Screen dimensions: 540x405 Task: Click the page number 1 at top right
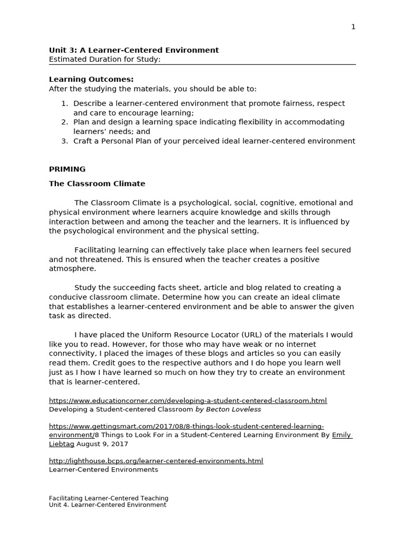click(353, 27)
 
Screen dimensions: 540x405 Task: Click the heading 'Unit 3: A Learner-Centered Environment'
click(133, 50)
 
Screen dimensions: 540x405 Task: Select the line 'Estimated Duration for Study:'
click(104, 60)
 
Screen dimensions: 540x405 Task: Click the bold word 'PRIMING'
click(67, 169)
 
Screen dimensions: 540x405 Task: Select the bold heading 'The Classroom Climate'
click(97, 184)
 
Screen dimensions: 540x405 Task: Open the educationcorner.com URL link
click(188, 401)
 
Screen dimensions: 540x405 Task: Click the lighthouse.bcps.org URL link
click(156, 461)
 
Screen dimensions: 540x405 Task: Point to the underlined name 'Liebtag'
click(62, 444)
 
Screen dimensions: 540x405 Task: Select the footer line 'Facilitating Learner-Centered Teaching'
click(109, 498)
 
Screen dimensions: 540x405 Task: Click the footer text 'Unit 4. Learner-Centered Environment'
click(107, 505)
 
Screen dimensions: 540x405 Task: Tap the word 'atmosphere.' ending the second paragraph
click(72, 268)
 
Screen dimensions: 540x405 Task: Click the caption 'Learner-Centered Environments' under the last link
click(103, 469)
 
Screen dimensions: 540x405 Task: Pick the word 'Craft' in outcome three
click(83, 141)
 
